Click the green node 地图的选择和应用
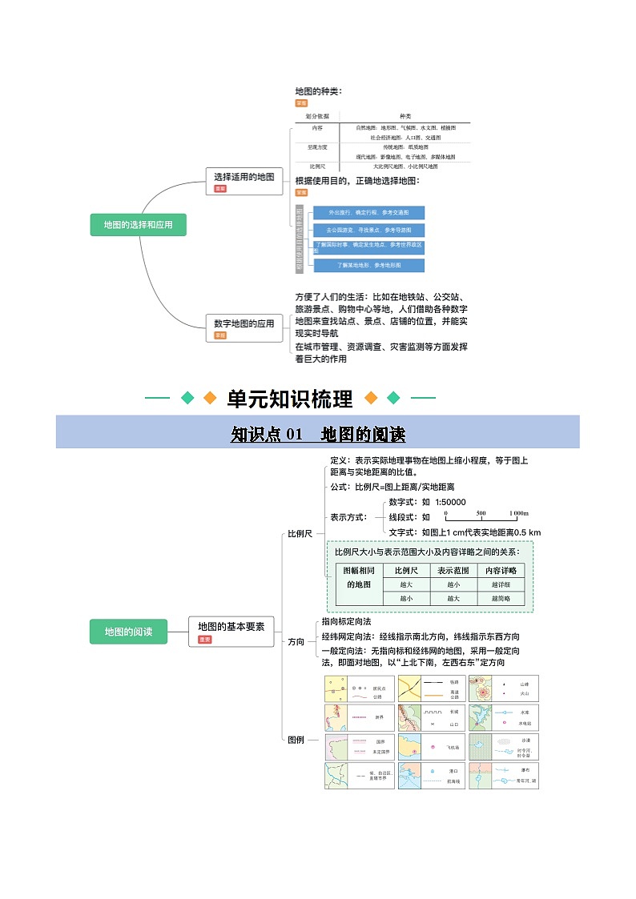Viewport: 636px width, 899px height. pos(138,226)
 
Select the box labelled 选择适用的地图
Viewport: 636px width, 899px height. pos(244,177)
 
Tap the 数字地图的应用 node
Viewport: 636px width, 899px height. pos(244,323)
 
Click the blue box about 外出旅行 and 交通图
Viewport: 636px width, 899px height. pos(368,213)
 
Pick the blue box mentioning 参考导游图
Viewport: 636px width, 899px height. pos(368,231)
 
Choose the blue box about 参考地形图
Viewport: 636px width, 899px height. pos(368,265)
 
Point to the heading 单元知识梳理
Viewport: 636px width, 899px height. pos(289,398)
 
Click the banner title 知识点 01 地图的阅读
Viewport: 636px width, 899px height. pos(318,434)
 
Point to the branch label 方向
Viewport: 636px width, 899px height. pos(296,641)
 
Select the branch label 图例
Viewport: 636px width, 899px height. pos(296,740)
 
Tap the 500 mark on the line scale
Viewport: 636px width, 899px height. pos(481,513)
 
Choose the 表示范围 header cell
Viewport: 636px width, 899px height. pos(453,571)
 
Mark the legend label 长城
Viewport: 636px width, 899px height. pos(454,711)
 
